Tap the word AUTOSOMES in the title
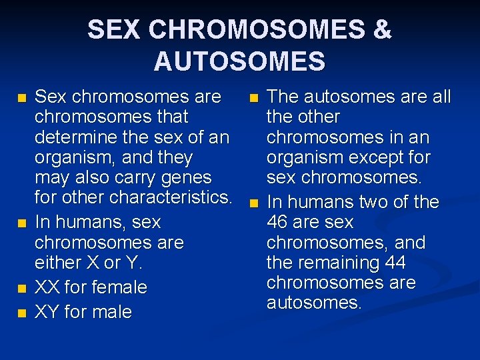pos(239,61)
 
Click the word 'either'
pos(58,263)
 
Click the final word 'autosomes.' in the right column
pos(314,303)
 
